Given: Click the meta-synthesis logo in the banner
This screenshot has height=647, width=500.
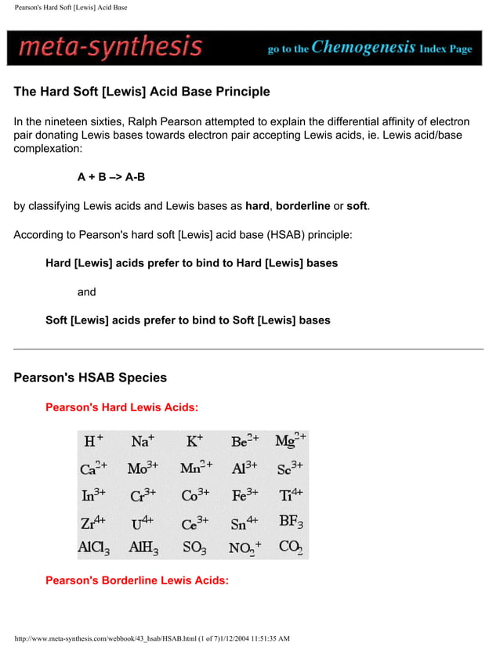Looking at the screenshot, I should coord(111,48).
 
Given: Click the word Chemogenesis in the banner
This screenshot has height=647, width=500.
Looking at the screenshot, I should coord(364,47).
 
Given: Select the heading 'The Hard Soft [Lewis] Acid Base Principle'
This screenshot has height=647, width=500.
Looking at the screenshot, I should coord(142,92).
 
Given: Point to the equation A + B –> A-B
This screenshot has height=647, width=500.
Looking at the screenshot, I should coord(111,177).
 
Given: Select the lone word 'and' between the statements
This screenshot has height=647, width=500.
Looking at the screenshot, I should coord(86,292).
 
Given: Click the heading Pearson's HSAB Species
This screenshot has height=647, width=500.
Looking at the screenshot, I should coord(90,378).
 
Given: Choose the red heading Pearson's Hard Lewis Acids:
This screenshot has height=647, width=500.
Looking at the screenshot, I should coord(121,407).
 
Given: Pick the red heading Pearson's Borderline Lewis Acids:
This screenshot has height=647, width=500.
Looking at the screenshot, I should coord(136,580).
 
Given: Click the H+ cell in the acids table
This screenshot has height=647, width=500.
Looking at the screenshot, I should coord(94,441).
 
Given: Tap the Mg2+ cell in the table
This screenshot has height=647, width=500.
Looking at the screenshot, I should coord(291,440).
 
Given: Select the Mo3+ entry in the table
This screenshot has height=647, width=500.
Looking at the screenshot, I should coord(143,468).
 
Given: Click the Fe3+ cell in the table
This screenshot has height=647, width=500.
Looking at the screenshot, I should coord(245,496).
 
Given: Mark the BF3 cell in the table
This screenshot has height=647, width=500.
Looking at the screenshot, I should coord(291,521).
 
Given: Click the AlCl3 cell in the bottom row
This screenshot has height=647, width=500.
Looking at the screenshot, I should coord(94,548).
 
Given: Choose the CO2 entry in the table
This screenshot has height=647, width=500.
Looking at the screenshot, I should coord(291,548).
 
